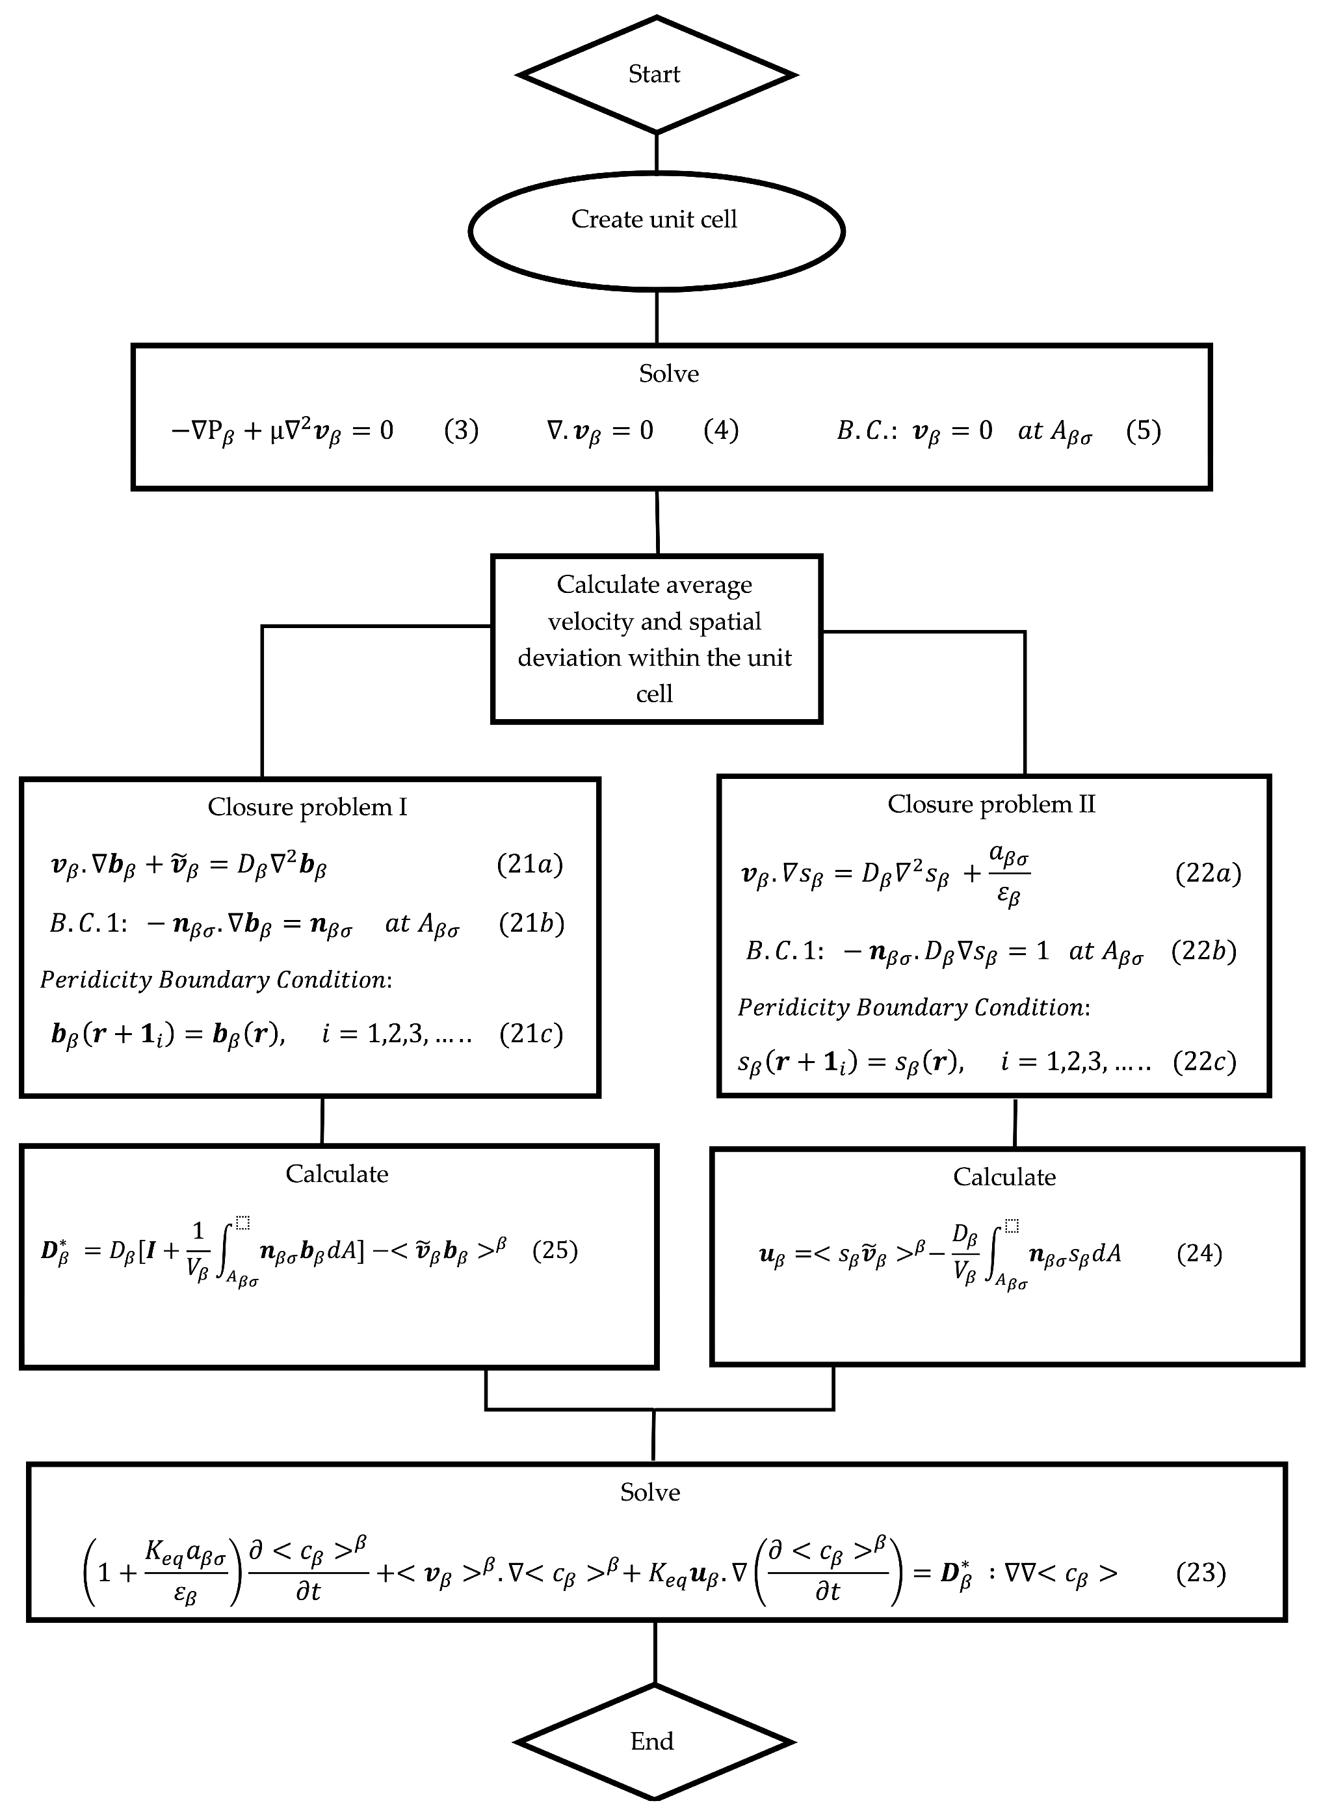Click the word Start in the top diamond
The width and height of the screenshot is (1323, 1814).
(x=653, y=75)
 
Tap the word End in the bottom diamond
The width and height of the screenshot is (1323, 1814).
(x=652, y=1741)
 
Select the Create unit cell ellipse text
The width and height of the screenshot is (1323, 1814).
(x=653, y=220)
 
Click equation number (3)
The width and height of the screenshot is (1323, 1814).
(x=462, y=431)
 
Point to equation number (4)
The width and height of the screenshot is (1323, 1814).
(x=721, y=431)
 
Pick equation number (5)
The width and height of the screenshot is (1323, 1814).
(x=1143, y=431)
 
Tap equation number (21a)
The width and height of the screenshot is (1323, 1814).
(x=529, y=864)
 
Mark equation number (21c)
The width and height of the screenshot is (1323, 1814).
(x=531, y=1034)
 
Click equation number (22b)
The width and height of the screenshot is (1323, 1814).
(x=1203, y=951)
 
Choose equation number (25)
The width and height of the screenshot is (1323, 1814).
(x=555, y=1250)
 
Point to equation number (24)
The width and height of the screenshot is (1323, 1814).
(x=1199, y=1253)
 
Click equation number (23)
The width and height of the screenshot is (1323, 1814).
(x=1201, y=1572)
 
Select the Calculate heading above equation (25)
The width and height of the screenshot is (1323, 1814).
(x=337, y=1174)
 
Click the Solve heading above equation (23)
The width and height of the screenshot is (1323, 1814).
(x=649, y=1492)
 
